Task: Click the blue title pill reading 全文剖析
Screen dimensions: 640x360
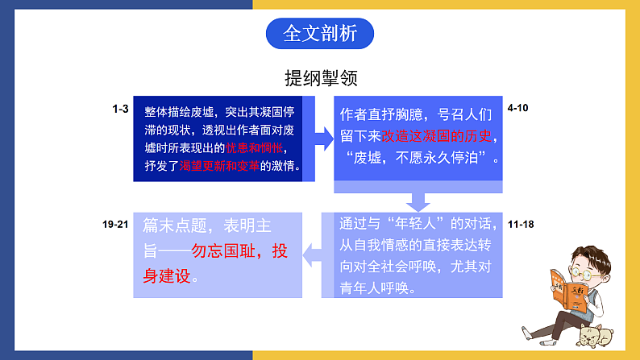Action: [319, 34]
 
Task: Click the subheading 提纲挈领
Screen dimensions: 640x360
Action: [322, 78]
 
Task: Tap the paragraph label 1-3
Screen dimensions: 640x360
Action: [120, 109]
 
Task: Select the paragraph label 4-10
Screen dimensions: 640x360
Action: [517, 108]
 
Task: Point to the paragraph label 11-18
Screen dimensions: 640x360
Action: [521, 224]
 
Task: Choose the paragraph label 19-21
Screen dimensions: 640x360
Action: [115, 224]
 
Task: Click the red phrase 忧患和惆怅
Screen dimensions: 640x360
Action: [254, 148]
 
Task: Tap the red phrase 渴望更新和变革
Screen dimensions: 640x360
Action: [219, 166]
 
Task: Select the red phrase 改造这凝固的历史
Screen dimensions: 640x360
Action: [436, 136]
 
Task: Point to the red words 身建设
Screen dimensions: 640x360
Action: [167, 276]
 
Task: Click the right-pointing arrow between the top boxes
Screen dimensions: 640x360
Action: [325, 139]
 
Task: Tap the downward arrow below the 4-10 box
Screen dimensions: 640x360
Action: [418, 202]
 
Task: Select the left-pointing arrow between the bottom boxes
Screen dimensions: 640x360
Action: [312, 254]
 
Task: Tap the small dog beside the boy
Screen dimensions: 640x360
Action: [596, 336]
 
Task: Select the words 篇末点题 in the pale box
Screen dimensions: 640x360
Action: [175, 226]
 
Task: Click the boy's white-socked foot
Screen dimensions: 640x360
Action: [528, 333]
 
